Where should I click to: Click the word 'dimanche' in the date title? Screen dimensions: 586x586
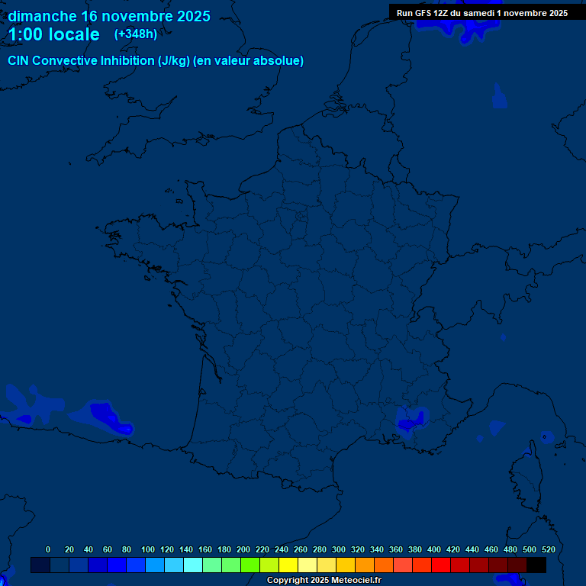(41, 16)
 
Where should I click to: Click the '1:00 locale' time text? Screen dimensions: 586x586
(53, 34)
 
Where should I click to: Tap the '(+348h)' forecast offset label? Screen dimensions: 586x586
(135, 34)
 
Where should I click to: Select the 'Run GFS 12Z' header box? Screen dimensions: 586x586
(481, 13)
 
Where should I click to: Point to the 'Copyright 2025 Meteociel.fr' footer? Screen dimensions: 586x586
(324, 581)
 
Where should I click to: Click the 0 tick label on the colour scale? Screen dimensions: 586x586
(48, 549)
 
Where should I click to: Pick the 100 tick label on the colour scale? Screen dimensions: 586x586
(148, 549)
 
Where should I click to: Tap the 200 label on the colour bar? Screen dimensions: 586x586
(243, 549)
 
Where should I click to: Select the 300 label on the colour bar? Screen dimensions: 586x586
(339, 549)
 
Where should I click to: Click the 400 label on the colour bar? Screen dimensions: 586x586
(434, 549)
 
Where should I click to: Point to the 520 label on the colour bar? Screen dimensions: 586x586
(548, 549)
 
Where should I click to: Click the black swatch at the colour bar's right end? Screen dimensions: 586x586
(536, 565)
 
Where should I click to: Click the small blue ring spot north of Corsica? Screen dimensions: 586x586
(546, 436)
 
